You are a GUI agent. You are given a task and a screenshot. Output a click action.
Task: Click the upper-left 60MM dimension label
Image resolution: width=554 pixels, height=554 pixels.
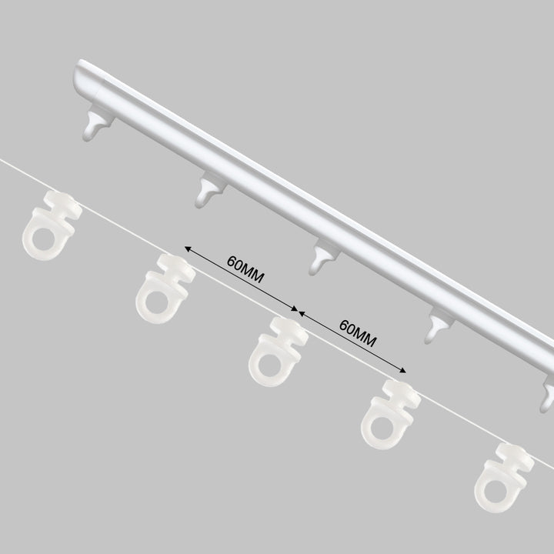pos(245,269)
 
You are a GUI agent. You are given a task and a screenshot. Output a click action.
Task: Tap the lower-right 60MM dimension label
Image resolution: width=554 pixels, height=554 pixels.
pos(358,333)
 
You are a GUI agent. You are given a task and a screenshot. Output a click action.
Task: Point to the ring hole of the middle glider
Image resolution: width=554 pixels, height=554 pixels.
pos(270,365)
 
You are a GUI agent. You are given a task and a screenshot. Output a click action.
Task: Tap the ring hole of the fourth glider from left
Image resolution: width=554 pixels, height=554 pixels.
pos(383,428)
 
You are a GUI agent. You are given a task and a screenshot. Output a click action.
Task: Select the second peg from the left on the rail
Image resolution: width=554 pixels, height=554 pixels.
pos(210,191)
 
